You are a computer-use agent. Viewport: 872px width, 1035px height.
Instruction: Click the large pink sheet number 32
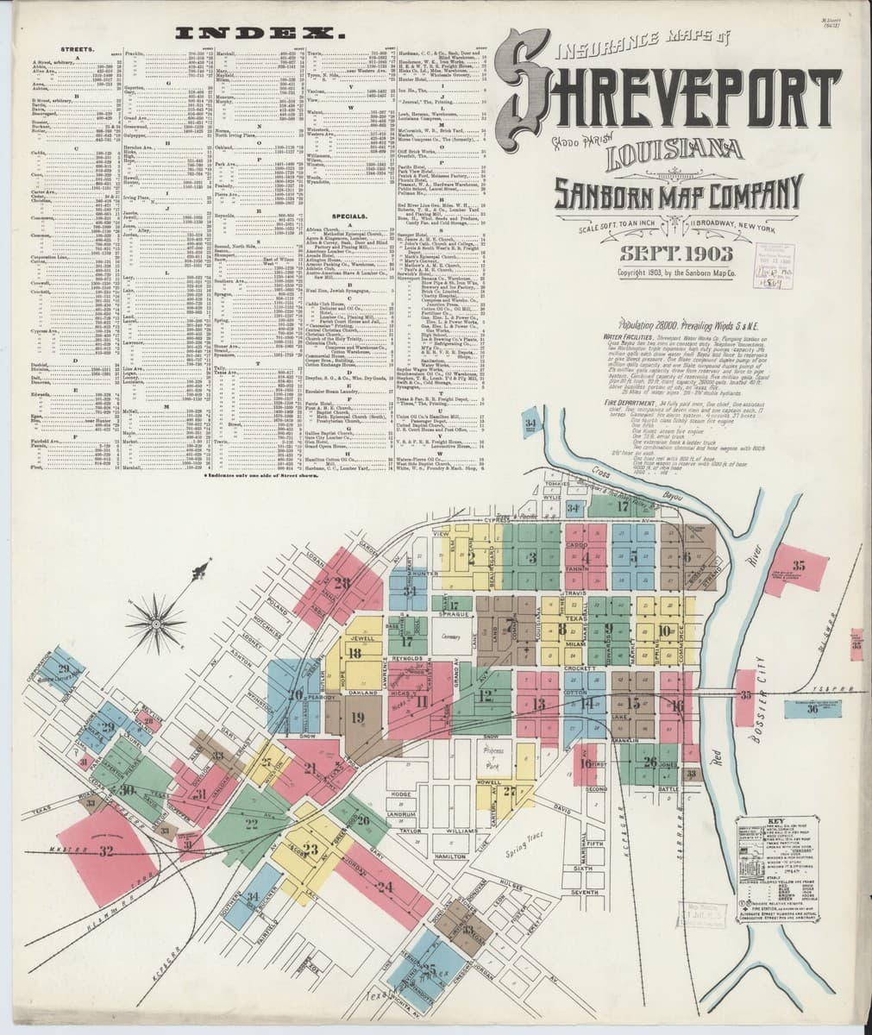106,851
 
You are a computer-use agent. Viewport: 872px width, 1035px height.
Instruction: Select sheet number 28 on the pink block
342,584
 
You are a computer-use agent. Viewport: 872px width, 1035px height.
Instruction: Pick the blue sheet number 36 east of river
812,711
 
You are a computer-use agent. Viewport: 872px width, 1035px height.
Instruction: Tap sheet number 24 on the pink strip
385,886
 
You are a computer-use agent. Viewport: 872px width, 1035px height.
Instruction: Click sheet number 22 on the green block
252,824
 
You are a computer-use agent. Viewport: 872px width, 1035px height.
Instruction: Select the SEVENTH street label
584,891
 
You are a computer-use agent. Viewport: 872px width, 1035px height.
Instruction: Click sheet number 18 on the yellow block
354,654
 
